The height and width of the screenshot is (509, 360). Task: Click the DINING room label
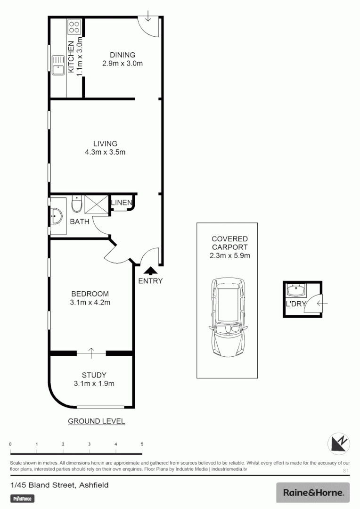(123, 55)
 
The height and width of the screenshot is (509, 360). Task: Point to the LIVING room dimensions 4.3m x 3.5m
(105, 152)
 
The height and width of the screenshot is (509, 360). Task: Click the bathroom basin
(57, 216)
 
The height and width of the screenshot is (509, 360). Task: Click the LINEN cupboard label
(122, 203)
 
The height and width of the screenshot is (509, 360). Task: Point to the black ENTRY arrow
(150, 271)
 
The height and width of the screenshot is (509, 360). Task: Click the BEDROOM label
(90, 294)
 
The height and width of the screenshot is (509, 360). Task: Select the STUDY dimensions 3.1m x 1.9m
(94, 384)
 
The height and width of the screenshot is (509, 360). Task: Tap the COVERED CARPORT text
(229, 243)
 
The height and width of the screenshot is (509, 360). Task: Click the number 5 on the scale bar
(142, 444)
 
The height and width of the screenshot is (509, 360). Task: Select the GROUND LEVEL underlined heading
(97, 421)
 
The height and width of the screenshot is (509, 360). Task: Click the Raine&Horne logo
(313, 493)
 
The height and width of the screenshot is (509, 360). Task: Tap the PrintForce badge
(23, 498)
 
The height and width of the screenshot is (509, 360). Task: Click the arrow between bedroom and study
(91, 351)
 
